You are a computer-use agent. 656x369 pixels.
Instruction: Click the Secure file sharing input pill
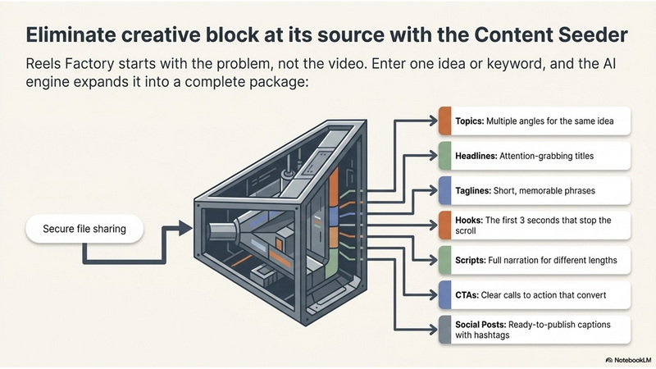[x=84, y=229]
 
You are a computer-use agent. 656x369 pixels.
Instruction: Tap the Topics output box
[x=535, y=121]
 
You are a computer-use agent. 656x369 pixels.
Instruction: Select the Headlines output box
[x=535, y=156]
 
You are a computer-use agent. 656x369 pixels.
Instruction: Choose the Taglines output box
[x=535, y=190]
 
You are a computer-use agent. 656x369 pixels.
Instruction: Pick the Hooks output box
[x=535, y=225]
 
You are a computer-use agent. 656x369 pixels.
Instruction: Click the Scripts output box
[x=535, y=260]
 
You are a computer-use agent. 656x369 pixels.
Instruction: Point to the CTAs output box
[x=535, y=294]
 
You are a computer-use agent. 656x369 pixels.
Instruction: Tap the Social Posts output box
[x=535, y=330]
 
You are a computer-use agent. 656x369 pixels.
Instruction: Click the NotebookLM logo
[x=628, y=360]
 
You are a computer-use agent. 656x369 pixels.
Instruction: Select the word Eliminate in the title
[x=71, y=34]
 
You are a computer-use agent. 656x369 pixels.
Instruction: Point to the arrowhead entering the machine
[x=185, y=228]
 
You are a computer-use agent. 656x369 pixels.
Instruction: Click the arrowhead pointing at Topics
[x=433, y=121]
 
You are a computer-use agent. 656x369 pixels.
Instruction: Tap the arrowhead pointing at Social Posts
[x=433, y=330]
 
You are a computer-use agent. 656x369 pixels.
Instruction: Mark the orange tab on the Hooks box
[x=444, y=225]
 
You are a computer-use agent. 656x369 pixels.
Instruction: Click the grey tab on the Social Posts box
[x=444, y=330]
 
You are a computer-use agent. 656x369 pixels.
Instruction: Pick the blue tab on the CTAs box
[x=444, y=294]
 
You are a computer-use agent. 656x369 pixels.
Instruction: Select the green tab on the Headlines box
[x=444, y=156]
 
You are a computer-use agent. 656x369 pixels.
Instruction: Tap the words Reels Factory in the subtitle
[x=70, y=64]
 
